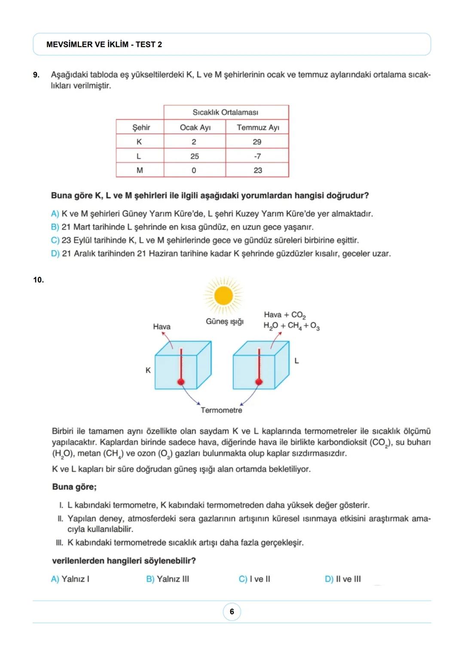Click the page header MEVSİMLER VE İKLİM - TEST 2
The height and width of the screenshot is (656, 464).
coord(104,44)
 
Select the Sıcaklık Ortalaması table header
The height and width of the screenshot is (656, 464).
coord(226,112)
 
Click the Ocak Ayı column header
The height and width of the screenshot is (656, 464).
coord(195,127)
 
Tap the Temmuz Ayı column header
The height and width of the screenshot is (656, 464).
coord(258,127)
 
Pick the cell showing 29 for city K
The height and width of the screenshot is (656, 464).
coord(257,142)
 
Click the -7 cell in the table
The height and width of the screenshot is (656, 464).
coord(257,156)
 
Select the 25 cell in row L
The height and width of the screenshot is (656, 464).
coord(195,156)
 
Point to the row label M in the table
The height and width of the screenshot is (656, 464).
coord(140,170)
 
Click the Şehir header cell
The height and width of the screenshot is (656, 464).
coord(141,127)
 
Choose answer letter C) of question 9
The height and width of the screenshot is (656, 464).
coord(55,240)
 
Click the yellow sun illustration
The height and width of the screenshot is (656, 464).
coord(223,296)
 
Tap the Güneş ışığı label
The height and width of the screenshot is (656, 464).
coord(225,321)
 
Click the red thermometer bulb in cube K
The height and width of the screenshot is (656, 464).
coord(181,381)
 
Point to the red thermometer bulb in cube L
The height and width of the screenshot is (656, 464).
coord(259,381)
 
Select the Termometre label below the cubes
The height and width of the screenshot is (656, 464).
coord(221,410)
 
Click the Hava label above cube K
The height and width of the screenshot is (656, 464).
coord(162,326)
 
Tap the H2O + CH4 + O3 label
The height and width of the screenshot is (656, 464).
coord(291,326)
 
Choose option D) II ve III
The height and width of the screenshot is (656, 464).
coord(343,579)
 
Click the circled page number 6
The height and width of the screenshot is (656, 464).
coord(232,611)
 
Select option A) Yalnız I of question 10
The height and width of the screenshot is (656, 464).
coord(70,579)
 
